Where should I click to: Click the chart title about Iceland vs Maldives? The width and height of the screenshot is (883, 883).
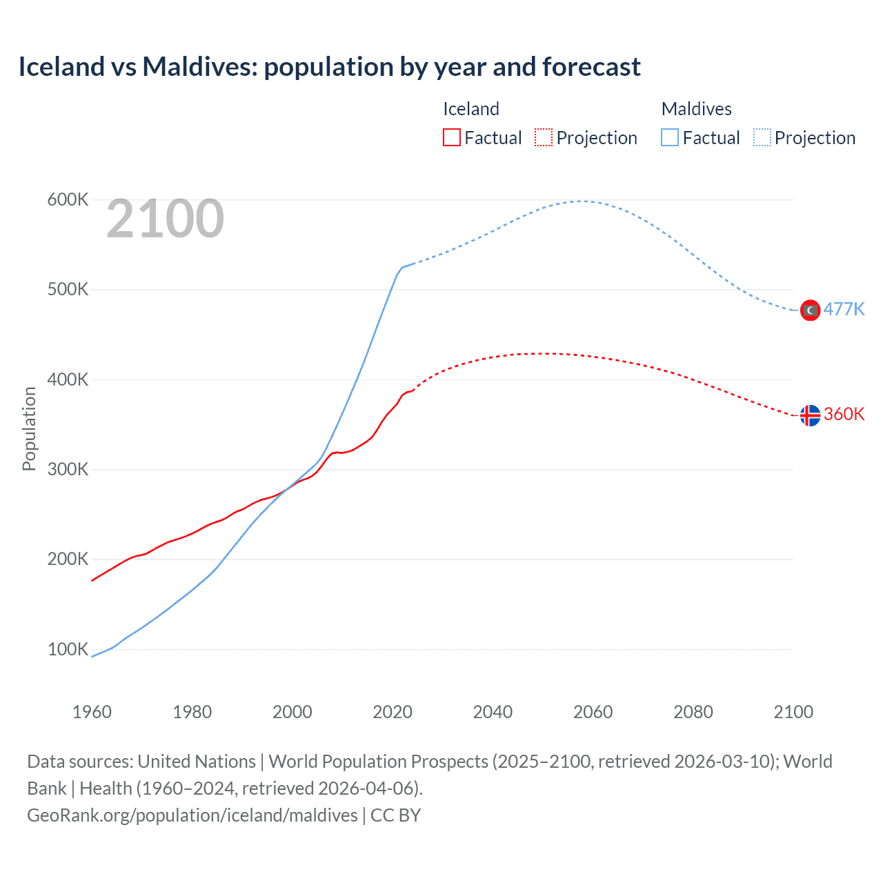click(x=329, y=67)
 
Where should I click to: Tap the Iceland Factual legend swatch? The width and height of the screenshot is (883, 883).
click(x=451, y=138)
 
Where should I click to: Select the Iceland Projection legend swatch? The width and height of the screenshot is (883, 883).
click(x=544, y=138)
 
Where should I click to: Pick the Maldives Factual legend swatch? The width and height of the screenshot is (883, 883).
click(x=670, y=138)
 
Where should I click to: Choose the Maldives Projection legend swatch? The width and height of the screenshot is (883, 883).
click(x=762, y=138)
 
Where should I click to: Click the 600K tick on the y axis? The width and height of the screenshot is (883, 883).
click(x=68, y=200)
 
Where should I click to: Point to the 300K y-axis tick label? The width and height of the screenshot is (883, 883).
click(x=68, y=470)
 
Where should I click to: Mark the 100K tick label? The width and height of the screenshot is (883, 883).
click(x=68, y=650)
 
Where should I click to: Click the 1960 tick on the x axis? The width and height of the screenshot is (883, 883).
click(x=92, y=712)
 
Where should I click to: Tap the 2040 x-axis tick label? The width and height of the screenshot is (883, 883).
click(x=493, y=712)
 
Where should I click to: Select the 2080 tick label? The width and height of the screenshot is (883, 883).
click(x=693, y=712)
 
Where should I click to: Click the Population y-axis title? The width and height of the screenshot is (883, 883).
click(x=29, y=428)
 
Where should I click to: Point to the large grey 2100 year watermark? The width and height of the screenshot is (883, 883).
click(x=165, y=219)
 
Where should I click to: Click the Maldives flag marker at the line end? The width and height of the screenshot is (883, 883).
click(x=810, y=310)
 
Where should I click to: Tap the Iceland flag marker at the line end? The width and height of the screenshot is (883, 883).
click(x=810, y=415)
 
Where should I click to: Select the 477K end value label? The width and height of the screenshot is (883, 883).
click(x=844, y=309)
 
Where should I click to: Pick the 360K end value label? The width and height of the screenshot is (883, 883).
click(x=844, y=414)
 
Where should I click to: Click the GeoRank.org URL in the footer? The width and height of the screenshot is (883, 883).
click(x=192, y=815)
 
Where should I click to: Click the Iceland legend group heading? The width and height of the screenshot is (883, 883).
click(x=470, y=109)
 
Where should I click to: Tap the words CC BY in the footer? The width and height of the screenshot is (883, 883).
click(x=395, y=815)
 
